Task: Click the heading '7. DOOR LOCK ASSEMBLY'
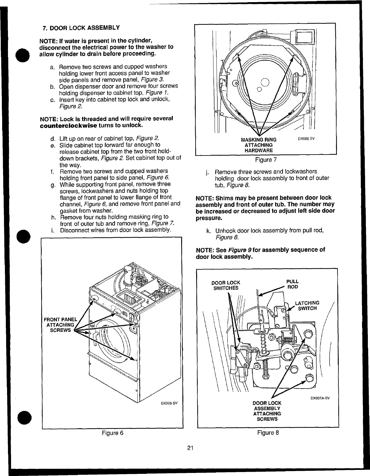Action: [81, 28]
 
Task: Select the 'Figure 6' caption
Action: [113, 433]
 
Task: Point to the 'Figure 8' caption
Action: [268, 433]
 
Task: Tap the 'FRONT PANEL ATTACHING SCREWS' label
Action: [60, 325]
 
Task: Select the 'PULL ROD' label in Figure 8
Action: [292, 284]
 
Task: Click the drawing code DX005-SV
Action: [170, 403]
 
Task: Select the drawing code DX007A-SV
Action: [320, 398]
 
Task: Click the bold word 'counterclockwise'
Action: [68, 126]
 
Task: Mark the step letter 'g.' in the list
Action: [53, 185]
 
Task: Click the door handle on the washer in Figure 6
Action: [95, 336]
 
